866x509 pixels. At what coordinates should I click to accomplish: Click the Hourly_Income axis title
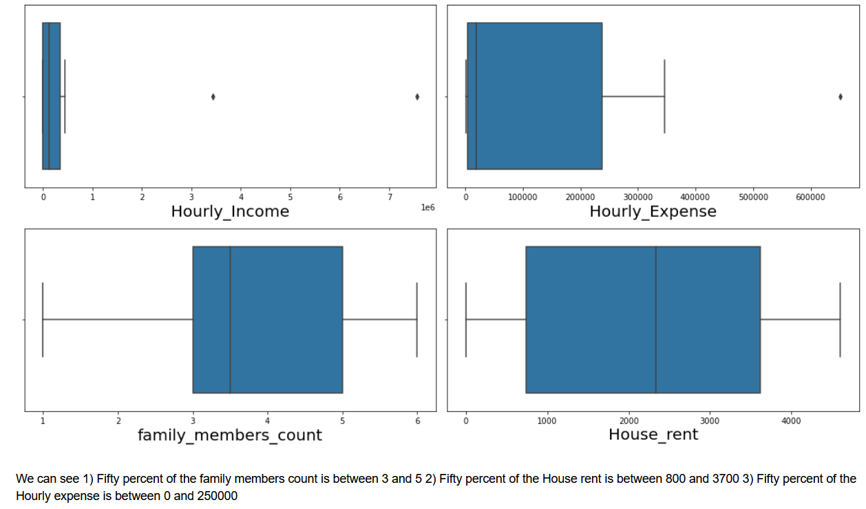click(230, 212)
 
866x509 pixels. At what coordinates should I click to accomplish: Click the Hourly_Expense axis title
click(653, 212)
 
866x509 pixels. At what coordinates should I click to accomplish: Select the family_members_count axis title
click(230, 435)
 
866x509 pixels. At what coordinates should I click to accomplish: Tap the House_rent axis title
click(653, 435)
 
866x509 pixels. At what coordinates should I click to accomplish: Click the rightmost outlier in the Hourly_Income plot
click(417, 96)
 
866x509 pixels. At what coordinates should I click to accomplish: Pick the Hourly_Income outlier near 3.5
click(213, 96)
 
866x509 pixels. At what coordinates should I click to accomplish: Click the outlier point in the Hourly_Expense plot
click(841, 96)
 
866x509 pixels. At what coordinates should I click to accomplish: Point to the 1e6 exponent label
click(427, 207)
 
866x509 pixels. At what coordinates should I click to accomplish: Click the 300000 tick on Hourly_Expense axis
click(638, 197)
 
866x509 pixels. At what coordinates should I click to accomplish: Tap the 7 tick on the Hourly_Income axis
click(390, 197)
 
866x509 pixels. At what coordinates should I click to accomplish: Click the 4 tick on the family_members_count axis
click(268, 421)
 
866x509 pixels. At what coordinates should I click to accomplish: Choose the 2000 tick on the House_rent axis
click(629, 421)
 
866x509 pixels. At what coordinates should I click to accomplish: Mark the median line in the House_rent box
click(655, 320)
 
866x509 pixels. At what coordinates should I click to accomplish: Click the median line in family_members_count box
click(230, 320)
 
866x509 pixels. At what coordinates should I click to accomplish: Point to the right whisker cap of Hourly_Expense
click(664, 96)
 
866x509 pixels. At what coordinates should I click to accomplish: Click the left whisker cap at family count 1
click(43, 320)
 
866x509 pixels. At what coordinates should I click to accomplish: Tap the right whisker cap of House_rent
click(840, 320)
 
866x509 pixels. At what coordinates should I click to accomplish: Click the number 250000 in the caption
click(215, 496)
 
